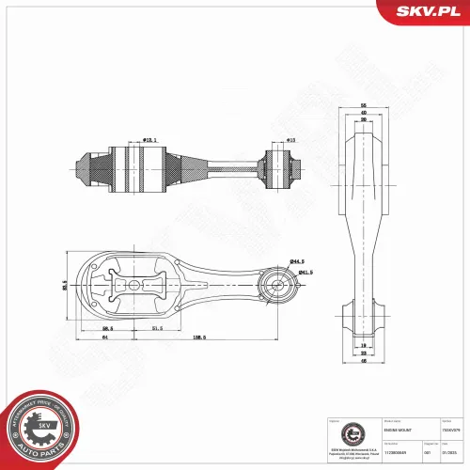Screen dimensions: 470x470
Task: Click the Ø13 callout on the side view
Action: click(290, 140)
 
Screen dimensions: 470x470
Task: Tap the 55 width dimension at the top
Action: click(362, 105)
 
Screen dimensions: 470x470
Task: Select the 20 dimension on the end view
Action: click(362, 120)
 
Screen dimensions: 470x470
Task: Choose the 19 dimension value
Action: click(362, 345)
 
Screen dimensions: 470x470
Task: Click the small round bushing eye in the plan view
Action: click(277, 285)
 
